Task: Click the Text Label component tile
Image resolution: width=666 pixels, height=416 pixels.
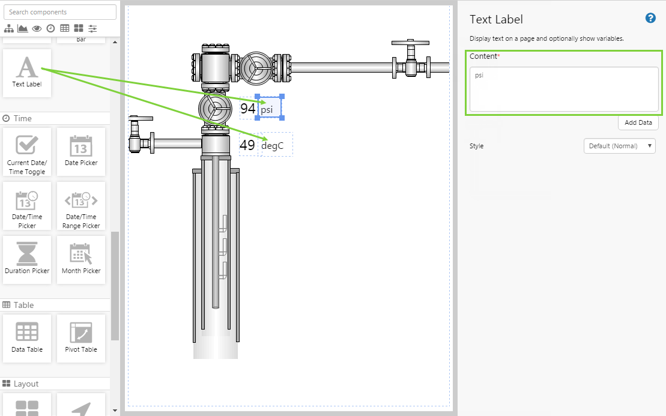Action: (27, 73)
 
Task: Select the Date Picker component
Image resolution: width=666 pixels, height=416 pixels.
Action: (80, 151)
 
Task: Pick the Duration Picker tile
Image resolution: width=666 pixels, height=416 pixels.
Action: (27, 260)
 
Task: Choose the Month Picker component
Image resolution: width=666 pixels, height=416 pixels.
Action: (80, 260)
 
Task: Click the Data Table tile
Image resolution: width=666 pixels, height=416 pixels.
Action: (27, 339)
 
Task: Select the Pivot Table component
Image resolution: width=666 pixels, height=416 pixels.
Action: (80, 339)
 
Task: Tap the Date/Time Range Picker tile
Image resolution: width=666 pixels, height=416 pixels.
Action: (80, 206)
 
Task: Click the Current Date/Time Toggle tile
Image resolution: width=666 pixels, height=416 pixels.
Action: (27, 151)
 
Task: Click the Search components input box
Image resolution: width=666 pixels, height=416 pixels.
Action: (60, 12)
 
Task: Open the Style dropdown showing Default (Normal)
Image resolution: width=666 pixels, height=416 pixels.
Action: (619, 146)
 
